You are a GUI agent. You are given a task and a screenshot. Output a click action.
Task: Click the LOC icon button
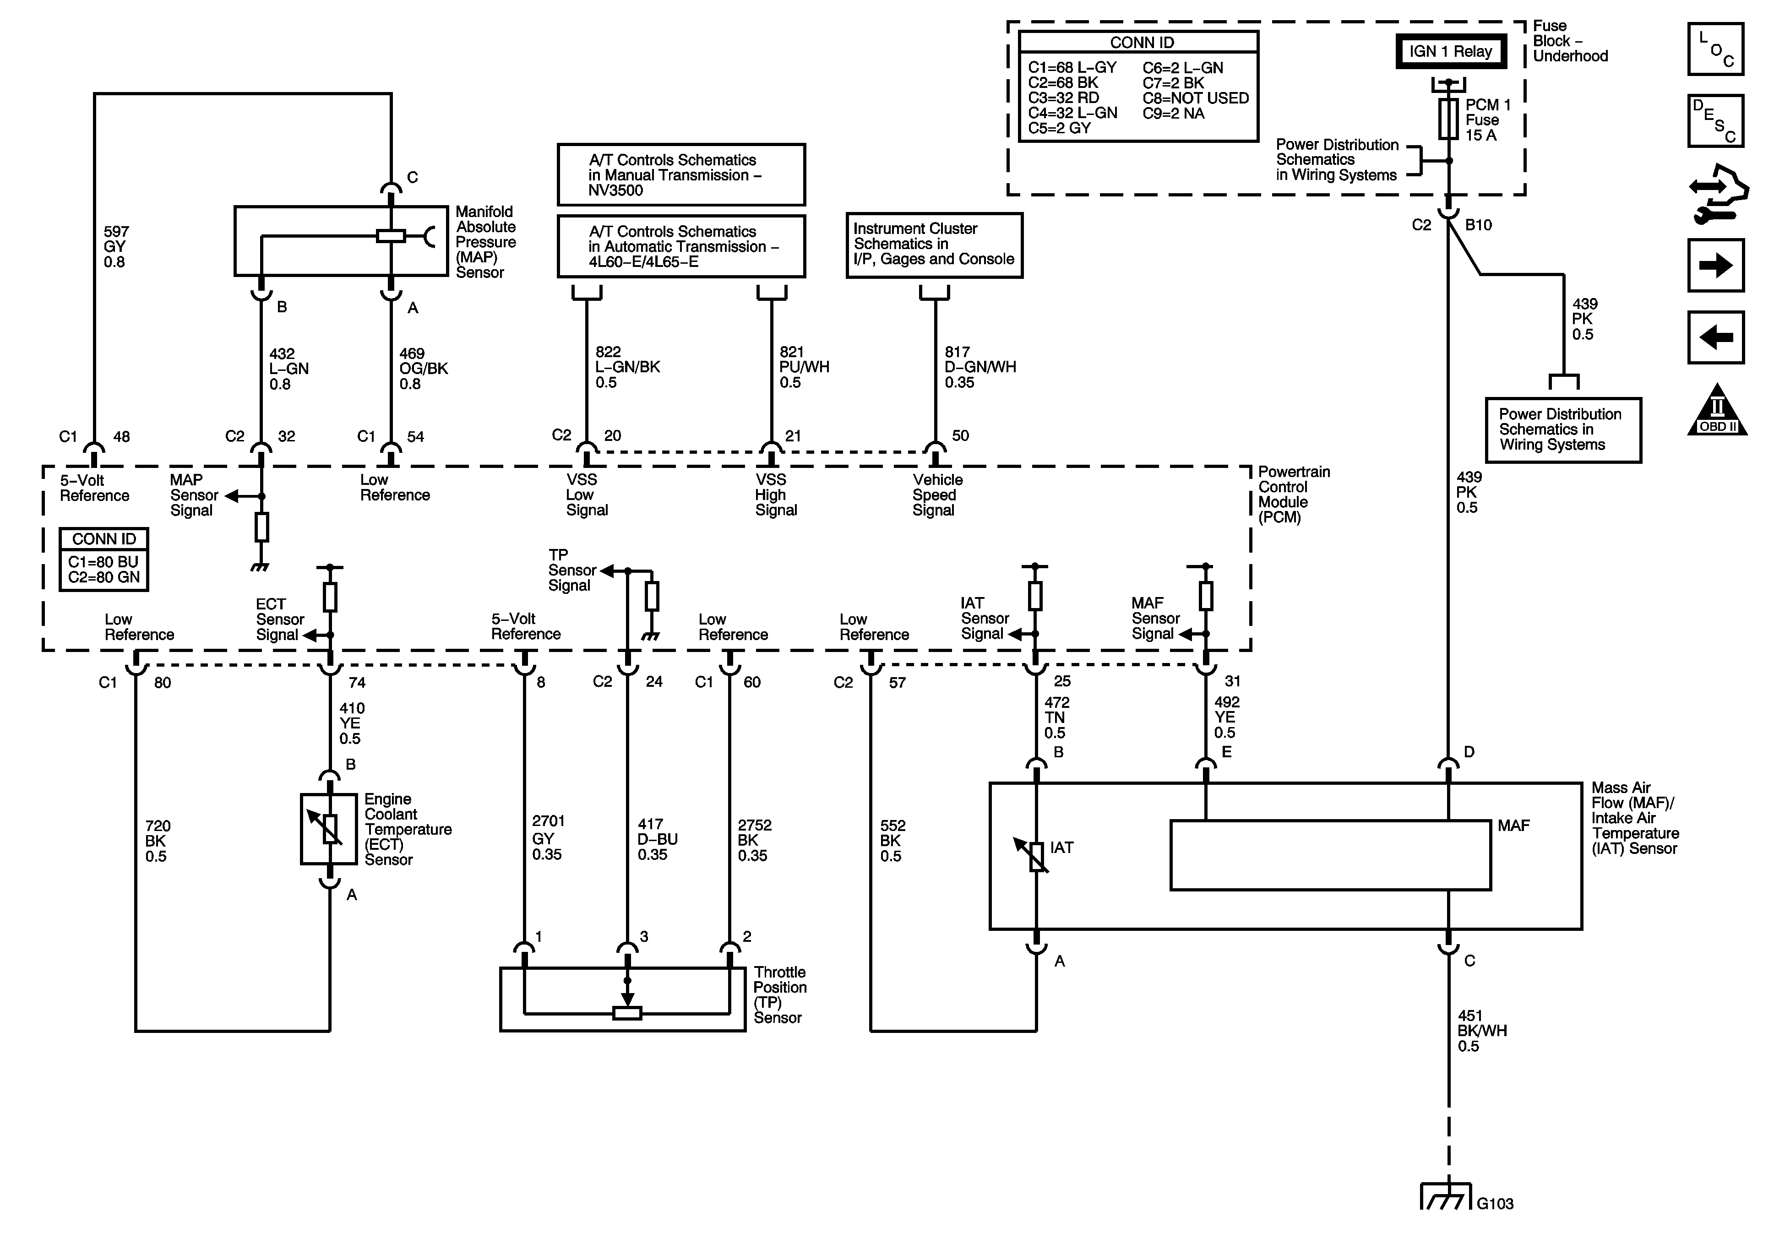1715,49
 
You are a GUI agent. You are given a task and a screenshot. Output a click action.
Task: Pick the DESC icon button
1715,120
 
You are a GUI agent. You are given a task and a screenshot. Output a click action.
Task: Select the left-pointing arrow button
1715,337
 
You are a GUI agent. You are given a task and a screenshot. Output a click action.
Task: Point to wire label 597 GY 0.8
116,246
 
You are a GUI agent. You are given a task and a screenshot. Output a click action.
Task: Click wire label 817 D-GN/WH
980,367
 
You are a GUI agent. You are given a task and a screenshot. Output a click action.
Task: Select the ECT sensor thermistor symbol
330,828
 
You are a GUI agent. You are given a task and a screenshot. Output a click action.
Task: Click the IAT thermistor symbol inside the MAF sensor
1036,854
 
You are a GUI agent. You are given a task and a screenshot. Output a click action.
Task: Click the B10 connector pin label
1478,225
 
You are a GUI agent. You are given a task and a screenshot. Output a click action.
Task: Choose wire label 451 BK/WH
1482,1031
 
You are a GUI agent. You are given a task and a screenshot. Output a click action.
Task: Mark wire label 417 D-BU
657,839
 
